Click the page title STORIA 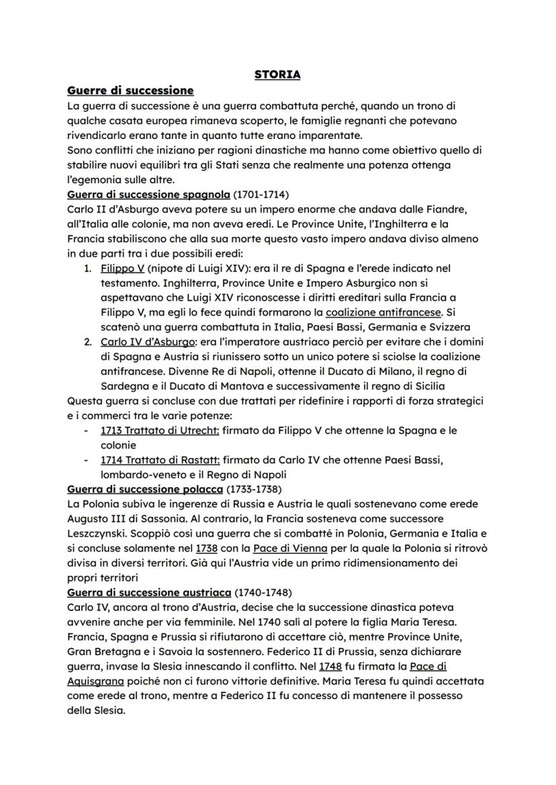277,75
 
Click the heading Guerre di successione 130,90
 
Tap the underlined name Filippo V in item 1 118,269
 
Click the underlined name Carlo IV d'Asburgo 138,341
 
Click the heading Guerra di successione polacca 145,488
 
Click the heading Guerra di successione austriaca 149,593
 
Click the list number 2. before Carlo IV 88,341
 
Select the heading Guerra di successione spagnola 148,195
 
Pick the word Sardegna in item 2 125,385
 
